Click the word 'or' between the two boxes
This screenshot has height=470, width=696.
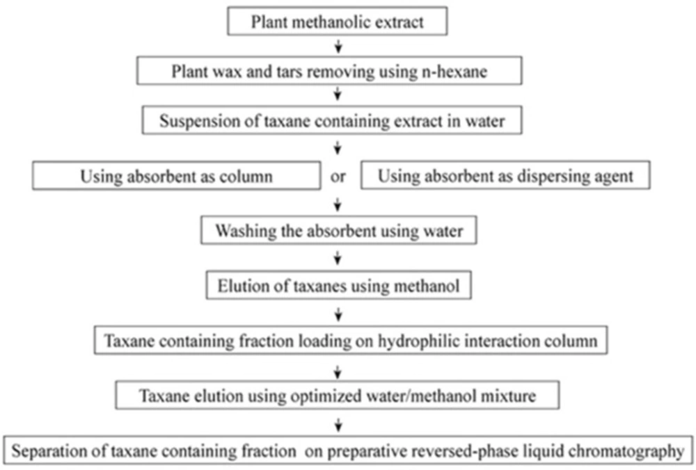click(338, 177)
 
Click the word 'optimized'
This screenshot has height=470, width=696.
click(325, 396)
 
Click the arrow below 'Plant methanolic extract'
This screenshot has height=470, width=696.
click(338, 46)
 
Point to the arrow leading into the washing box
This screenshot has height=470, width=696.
click(338, 204)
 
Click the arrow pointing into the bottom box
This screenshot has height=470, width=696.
click(338, 424)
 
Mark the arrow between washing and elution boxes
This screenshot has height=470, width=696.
click(338, 258)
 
